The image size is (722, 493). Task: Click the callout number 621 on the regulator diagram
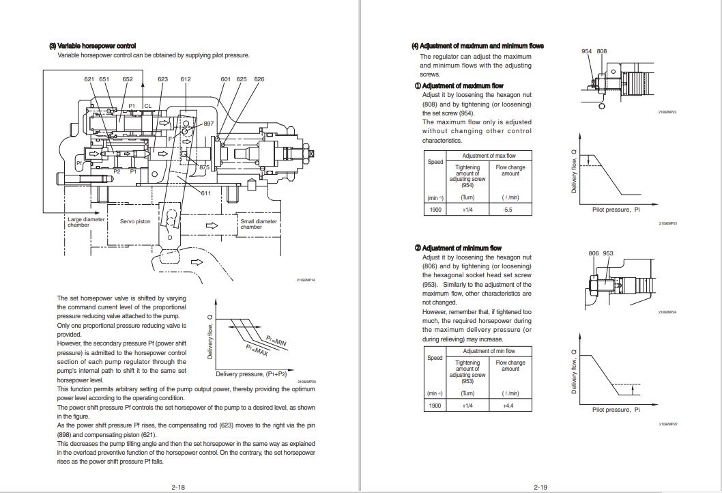pyautogui.click(x=89, y=80)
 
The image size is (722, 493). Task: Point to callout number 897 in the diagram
pyautogui.click(x=209, y=123)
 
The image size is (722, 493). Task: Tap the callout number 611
pyautogui.click(x=205, y=193)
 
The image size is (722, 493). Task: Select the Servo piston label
pyautogui.click(x=135, y=221)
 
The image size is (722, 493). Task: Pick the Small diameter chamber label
pyautogui.click(x=258, y=223)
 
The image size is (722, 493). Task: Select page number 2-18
pyautogui.click(x=179, y=486)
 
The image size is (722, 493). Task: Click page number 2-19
pyautogui.click(x=542, y=486)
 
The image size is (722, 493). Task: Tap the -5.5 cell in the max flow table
pyautogui.click(x=507, y=210)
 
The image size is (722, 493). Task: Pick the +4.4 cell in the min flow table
pyautogui.click(x=507, y=406)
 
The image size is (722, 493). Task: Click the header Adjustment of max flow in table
pyautogui.click(x=489, y=156)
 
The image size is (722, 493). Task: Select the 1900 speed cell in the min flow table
pyautogui.click(x=435, y=406)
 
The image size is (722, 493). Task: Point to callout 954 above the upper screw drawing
pyautogui.click(x=586, y=52)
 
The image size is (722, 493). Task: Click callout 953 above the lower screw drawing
pyautogui.click(x=608, y=253)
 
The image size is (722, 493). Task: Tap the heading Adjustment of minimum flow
pyautogui.click(x=461, y=248)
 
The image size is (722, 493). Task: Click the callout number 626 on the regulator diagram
pyautogui.click(x=259, y=80)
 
